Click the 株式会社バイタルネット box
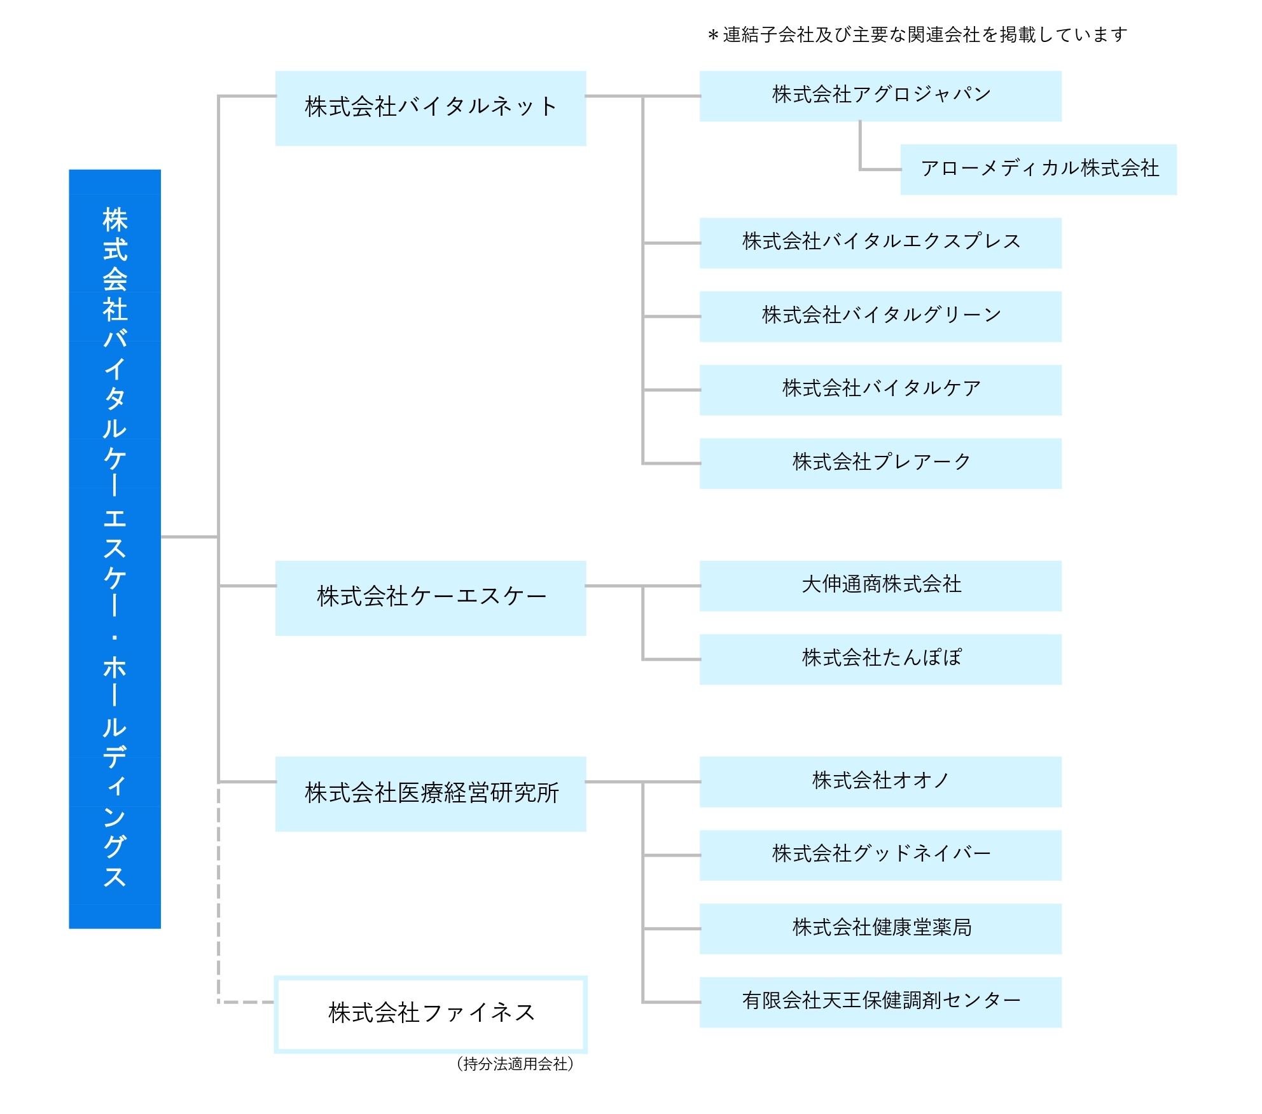(x=431, y=108)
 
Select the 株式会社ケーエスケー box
(x=431, y=598)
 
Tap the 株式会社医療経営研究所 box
(x=431, y=794)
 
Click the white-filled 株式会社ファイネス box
(x=431, y=1014)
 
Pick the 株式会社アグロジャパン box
(x=880, y=96)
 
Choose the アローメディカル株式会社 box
(x=1038, y=169)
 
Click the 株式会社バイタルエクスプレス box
(x=880, y=243)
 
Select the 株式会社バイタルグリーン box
(x=880, y=317)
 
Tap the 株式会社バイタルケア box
(x=880, y=390)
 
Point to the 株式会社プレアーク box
(x=880, y=464)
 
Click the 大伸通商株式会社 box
(x=880, y=586)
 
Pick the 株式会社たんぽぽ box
(x=880, y=659)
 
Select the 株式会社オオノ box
(x=880, y=781)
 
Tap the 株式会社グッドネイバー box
(x=880, y=855)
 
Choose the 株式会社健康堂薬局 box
(x=880, y=928)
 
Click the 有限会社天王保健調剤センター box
(x=880, y=1002)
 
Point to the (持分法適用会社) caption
(x=515, y=1064)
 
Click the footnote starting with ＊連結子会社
(x=917, y=34)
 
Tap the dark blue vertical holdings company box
(x=114, y=549)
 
